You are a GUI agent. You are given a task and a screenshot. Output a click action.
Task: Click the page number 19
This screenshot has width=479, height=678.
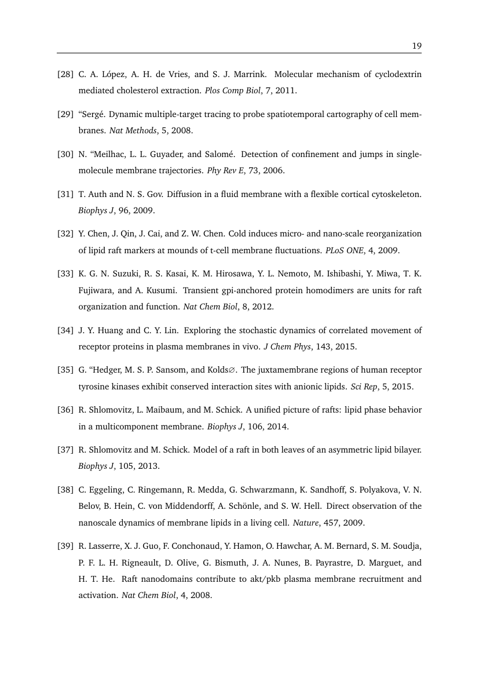click(x=416, y=46)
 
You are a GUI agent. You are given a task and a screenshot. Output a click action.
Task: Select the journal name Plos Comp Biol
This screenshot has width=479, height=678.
click(x=229, y=90)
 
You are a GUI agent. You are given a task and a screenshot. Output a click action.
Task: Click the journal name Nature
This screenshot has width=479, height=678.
click(x=305, y=522)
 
